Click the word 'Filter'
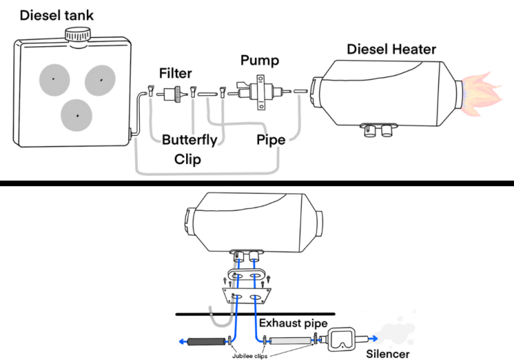coord(175,72)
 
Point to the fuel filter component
coord(175,94)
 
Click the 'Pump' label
coord(259,61)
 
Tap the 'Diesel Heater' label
coord(391,49)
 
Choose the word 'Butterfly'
coord(189,141)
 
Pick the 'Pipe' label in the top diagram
coord(271,141)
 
